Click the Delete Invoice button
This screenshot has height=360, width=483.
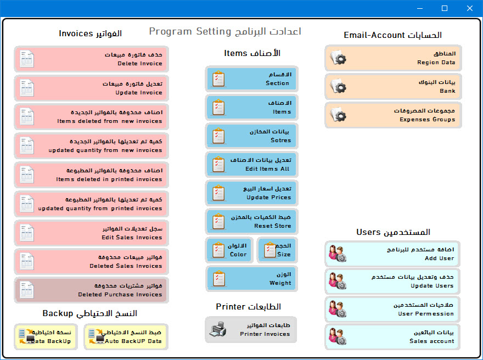[92, 59]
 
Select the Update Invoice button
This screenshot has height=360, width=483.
[92, 88]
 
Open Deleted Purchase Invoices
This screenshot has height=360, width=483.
[92, 290]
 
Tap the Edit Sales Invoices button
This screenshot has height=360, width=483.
[92, 233]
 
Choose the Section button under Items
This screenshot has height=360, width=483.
[252, 79]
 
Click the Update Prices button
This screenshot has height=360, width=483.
[252, 193]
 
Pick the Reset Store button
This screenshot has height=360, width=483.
[252, 221]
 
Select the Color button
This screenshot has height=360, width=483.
[229, 250]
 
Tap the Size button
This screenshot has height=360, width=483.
[277, 250]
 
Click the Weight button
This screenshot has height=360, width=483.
[252, 279]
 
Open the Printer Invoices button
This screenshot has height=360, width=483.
[251, 329]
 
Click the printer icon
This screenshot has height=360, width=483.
[218, 329]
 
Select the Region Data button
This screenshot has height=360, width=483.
[393, 58]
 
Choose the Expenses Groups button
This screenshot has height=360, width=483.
[393, 115]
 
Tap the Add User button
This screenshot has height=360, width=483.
[392, 254]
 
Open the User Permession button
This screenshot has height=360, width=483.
[392, 309]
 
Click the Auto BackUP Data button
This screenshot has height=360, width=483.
[126, 336]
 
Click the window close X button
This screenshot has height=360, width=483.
[469, 8]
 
